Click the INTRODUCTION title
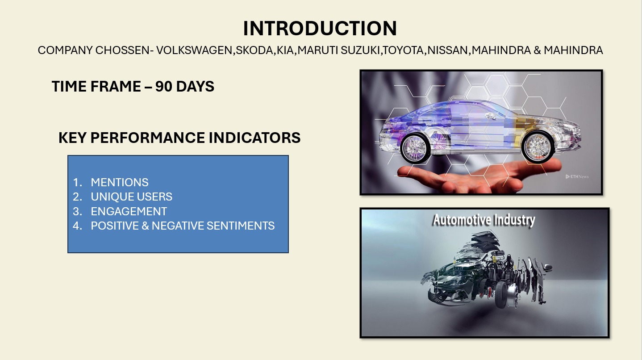(x=320, y=29)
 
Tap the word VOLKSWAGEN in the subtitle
(x=194, y=50)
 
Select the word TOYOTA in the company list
(x=403, y=50)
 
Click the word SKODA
(x=254, y=50)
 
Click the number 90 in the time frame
(x=163, y=86)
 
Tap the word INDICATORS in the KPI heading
(x=254, y=138)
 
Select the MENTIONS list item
(x=120, y=182)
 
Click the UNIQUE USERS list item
(x=132, y=197)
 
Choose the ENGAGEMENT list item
(x=129, y=212)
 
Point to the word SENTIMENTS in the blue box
(x=241, y=226)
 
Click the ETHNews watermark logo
(x=577, y=176)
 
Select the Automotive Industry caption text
(x=484, y=220)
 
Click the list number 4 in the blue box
(x=77, y=226)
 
